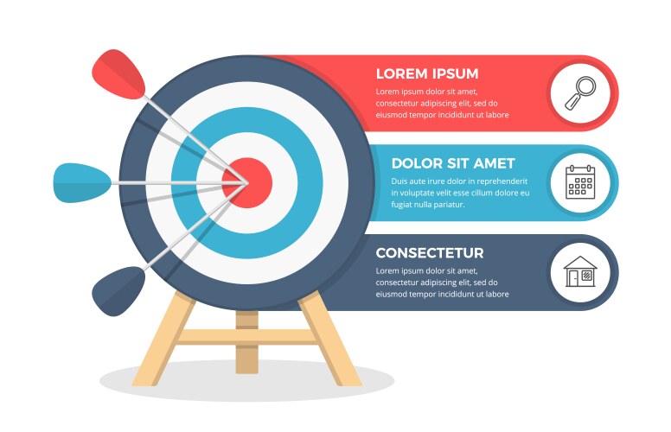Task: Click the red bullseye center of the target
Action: tap(248, 182)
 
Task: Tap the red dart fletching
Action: tap(119, 73)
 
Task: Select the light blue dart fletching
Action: tap(81, 182)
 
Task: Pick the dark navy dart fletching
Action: tap(118, 291)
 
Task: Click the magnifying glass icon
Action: tap(580, 92)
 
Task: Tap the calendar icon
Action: tap(580, 182)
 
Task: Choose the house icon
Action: tap(580, 272)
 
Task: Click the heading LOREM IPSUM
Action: tap(426, 73)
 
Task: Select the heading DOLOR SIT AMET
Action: tap(452, 163)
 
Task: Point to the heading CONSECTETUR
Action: tap(430, 253)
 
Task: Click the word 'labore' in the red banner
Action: tap(496, 115)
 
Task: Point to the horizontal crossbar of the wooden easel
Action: tap(248, 336)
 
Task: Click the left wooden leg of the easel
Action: tap(162, 341)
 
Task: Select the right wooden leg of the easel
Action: tap(332, 341)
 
